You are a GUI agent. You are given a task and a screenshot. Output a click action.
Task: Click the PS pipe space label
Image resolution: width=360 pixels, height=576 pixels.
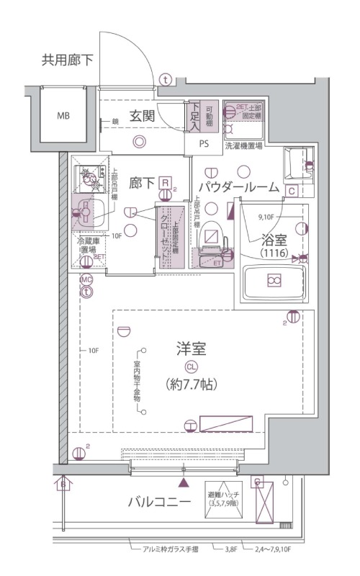(x=204, y=143)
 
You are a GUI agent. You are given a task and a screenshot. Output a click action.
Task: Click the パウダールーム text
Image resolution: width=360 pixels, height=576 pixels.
(x=238, y=187)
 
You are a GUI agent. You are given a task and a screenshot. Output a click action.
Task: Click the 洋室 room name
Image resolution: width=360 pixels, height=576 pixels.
(x=192, y=351)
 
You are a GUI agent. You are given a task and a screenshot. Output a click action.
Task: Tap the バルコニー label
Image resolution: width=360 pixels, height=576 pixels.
(x=159, y=501)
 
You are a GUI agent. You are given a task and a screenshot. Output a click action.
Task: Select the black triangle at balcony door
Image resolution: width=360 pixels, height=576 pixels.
(x=184, y=483)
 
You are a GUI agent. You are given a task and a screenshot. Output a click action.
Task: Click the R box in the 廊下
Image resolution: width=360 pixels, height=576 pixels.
(x=166, y=184)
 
